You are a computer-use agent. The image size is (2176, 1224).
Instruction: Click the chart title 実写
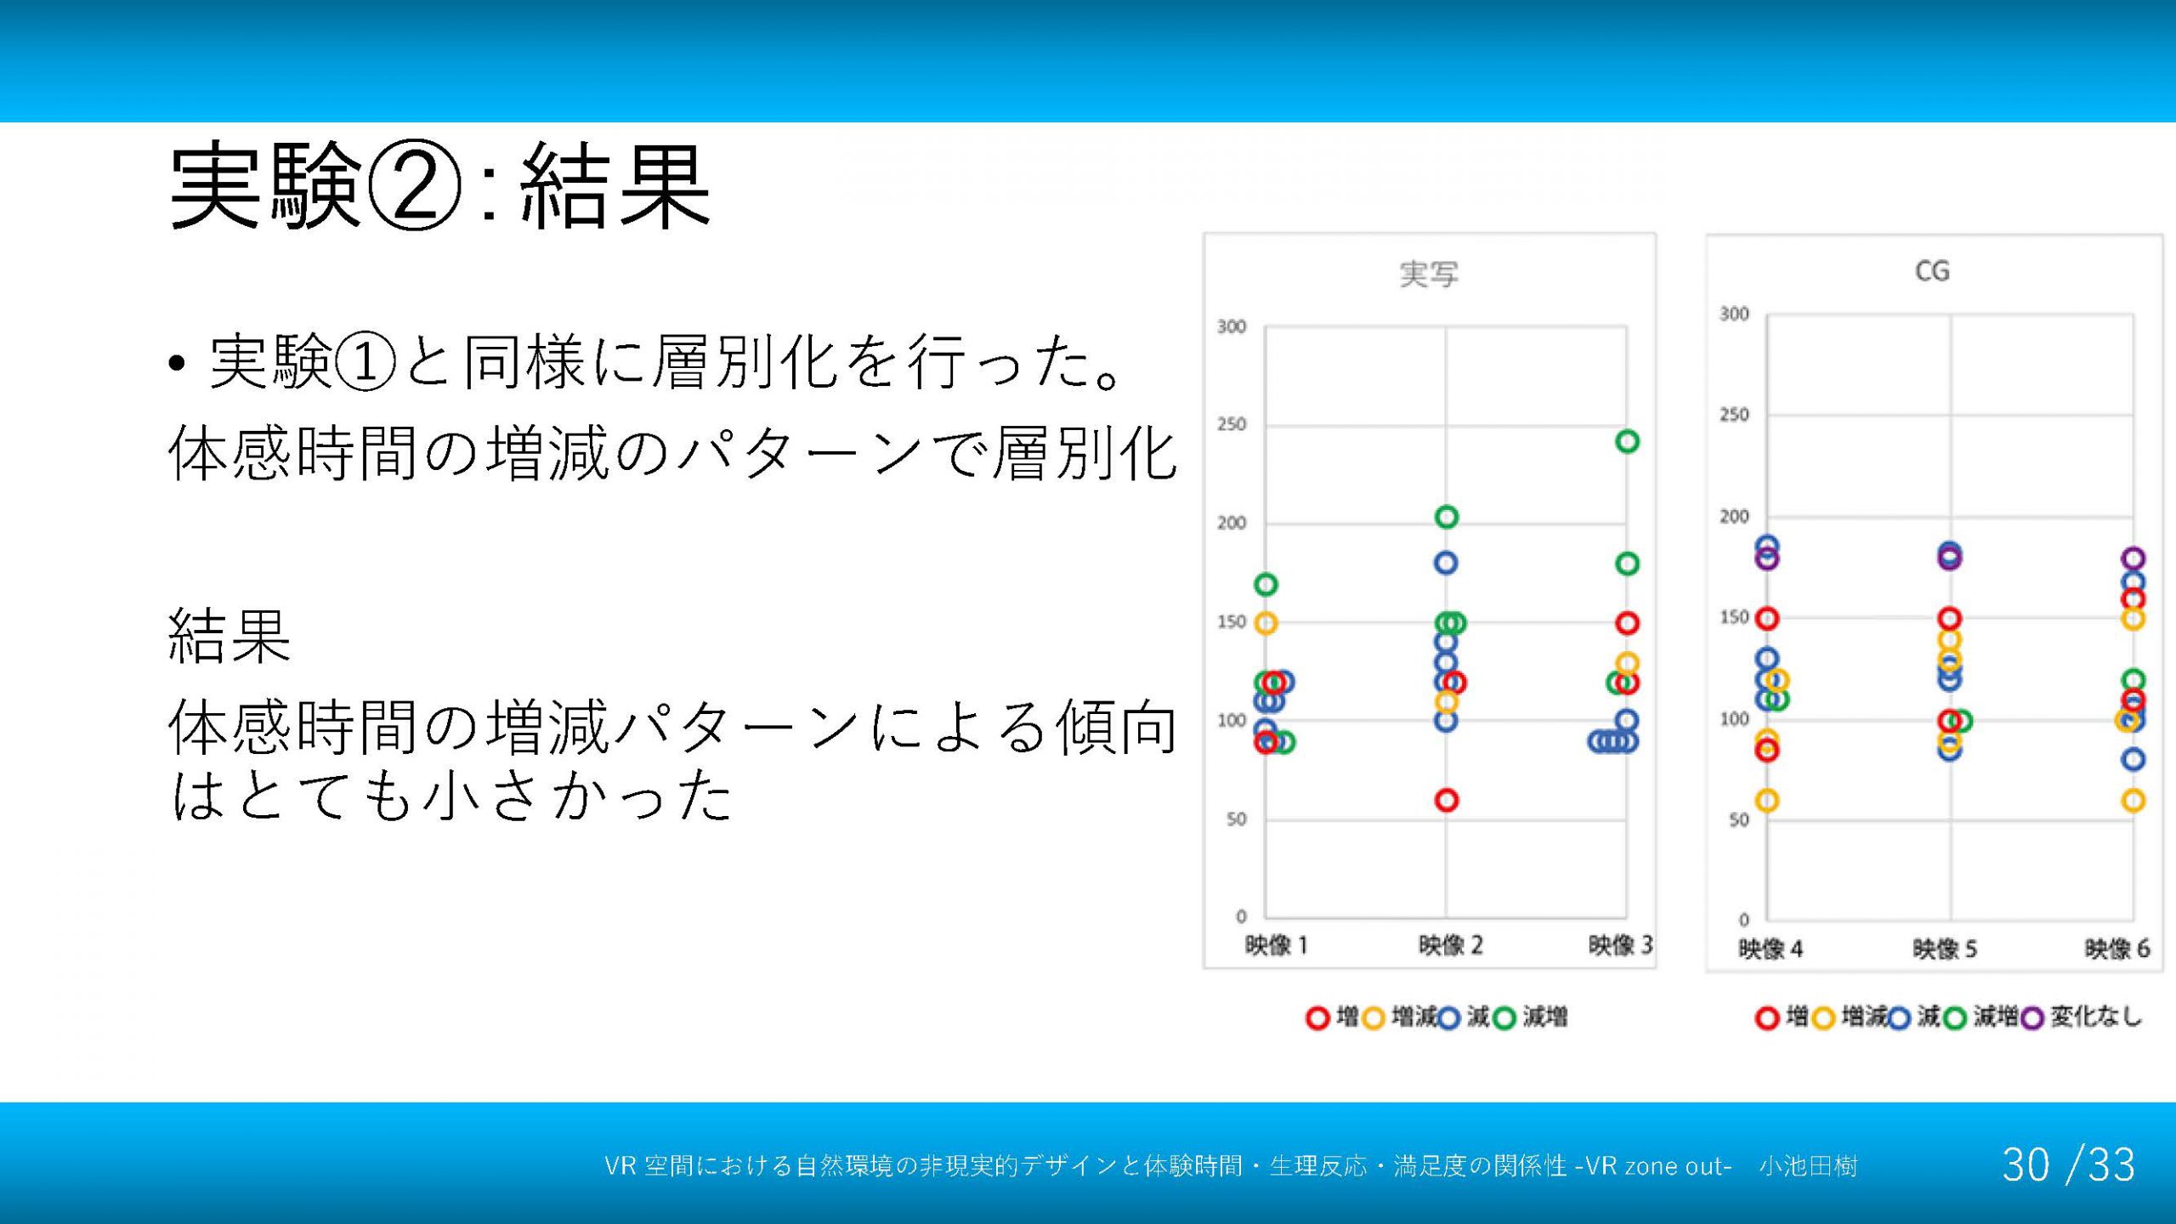1428,274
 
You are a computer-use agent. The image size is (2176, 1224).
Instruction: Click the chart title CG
1931,271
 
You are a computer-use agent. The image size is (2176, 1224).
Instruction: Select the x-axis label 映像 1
1276,944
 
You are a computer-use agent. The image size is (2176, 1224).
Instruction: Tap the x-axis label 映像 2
1450,944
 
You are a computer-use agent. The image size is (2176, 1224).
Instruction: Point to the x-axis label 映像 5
1945,949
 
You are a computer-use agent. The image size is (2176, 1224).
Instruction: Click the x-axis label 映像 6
2116,949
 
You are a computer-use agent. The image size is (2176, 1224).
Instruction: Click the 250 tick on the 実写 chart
1231,423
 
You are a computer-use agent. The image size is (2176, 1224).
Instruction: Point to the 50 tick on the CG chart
1739,819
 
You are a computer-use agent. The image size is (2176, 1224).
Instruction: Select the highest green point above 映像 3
1627,441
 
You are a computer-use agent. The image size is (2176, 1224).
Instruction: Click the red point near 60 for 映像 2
1447,800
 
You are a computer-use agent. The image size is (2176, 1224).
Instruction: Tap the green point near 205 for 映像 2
1447,517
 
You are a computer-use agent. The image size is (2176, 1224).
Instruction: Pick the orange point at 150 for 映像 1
1266,623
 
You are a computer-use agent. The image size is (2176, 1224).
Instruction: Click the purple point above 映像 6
2133,558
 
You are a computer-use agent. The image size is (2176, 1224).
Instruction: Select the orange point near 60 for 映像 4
1767,801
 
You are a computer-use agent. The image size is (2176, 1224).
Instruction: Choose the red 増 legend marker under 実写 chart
1317,1018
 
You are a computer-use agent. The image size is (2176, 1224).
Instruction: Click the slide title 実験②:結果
440,186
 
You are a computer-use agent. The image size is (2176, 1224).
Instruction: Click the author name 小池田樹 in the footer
1808,1165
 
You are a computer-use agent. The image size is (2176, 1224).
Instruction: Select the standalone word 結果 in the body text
229,635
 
